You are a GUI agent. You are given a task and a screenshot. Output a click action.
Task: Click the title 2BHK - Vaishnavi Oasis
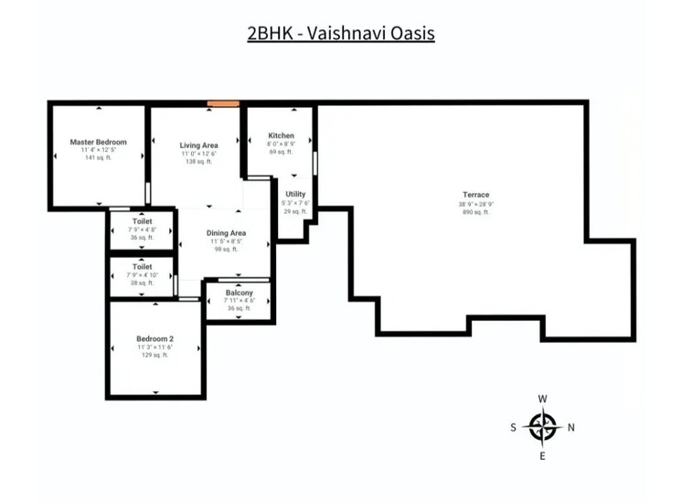click(340, 34)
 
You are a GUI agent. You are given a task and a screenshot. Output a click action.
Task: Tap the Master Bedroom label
click(98, 143)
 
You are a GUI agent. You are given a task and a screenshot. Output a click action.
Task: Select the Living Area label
click(197, 145)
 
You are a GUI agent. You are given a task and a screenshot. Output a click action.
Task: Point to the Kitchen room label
click(281, 135)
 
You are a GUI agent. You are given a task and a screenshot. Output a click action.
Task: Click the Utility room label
click(295, 194)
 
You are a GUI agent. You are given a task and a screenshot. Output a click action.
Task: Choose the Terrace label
click(475, 195)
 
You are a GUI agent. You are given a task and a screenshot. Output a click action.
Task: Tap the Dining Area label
click(226, 233)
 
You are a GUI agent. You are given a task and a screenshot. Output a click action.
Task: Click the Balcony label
click(239, 293)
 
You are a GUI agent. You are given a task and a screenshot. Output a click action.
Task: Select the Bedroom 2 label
click(155, 339)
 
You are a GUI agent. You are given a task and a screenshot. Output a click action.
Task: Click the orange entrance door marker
click(223, 103)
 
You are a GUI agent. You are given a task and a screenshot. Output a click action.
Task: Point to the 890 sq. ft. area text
click(475, 211)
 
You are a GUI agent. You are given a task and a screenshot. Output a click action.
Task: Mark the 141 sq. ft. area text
click(98, 158)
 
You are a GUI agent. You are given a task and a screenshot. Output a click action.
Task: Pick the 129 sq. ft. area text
click(155, 355)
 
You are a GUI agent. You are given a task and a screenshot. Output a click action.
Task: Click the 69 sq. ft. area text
click(281, 151)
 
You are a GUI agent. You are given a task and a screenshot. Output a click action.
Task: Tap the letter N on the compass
click(571, 426)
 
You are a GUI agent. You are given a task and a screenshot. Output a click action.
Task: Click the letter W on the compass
click(543, 399)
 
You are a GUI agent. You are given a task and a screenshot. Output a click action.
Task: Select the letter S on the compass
click(514, 426)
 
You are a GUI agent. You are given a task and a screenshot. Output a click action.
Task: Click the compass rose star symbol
click(543, 426)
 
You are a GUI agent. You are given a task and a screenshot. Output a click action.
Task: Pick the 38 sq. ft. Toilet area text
click(142, 283)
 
